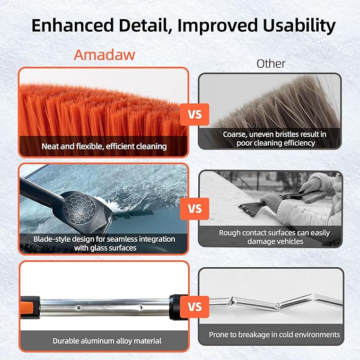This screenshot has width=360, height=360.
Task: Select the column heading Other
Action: tap(271, 64)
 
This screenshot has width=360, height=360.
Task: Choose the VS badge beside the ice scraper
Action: tap(195, 208)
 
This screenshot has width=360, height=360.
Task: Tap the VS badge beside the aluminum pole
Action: tap(195, 306)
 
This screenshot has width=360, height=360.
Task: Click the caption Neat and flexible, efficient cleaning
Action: tap(104, 146)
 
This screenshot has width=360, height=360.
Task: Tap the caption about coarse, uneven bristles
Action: tap(274, 138)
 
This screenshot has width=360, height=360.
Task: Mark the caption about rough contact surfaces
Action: tap(274, 237)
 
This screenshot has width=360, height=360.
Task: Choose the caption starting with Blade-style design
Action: tap(103, 243)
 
